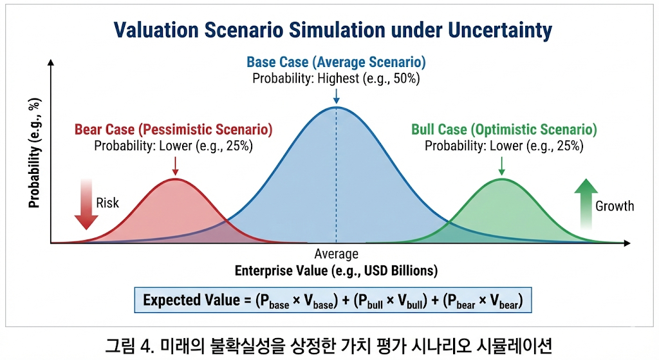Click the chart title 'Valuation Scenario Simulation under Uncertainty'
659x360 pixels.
point(333,30)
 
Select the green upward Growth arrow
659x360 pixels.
point(586,205)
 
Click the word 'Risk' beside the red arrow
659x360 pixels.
point(107,203)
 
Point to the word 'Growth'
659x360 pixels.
point(615,206)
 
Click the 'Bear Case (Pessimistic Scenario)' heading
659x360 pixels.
point(173,129)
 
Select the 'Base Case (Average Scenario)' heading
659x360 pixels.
point(336,63)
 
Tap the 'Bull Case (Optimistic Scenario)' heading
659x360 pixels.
point(504,129)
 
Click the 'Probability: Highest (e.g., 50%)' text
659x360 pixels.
point(336,79)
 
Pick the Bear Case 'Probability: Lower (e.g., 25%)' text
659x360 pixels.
point(173,146)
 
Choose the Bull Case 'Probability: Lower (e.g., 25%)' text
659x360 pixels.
point(504,146)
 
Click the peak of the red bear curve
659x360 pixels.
point(175,180)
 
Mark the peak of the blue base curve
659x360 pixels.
point(336,107)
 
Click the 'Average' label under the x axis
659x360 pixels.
point(336,254)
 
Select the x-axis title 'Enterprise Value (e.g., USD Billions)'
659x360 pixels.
point(336,270)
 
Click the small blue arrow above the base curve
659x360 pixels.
point(336,95)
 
